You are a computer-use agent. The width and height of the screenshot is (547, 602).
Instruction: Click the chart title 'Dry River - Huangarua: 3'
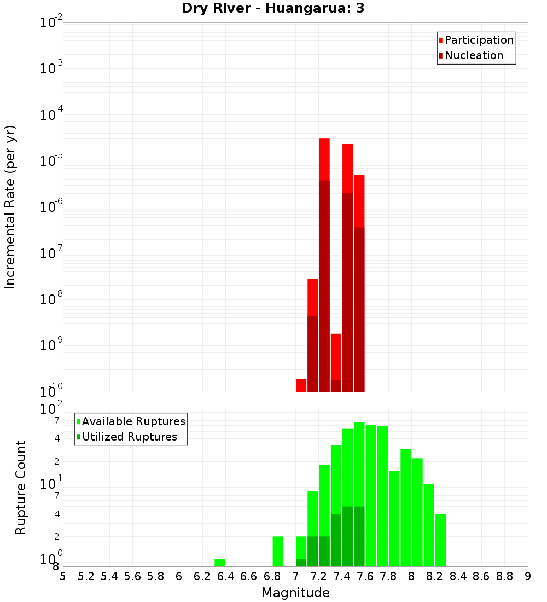(273, 8)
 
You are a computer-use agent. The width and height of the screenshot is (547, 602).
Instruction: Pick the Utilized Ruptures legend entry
(129, 437)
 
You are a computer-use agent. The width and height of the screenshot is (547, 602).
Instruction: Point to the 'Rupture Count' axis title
(21, 488)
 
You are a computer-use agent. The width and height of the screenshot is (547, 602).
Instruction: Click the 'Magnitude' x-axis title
(295, 593)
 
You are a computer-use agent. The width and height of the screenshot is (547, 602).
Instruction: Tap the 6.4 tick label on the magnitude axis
(225, 576)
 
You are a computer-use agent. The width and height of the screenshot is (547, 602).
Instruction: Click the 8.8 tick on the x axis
(504, 576)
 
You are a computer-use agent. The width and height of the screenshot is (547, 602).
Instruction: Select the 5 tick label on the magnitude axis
(63, 576)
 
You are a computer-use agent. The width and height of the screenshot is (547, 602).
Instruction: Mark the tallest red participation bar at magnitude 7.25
(324, 159)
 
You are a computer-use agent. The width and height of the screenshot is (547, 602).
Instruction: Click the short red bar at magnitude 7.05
(301, 385)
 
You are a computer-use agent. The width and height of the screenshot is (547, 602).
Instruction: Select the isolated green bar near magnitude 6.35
(219, 563)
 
